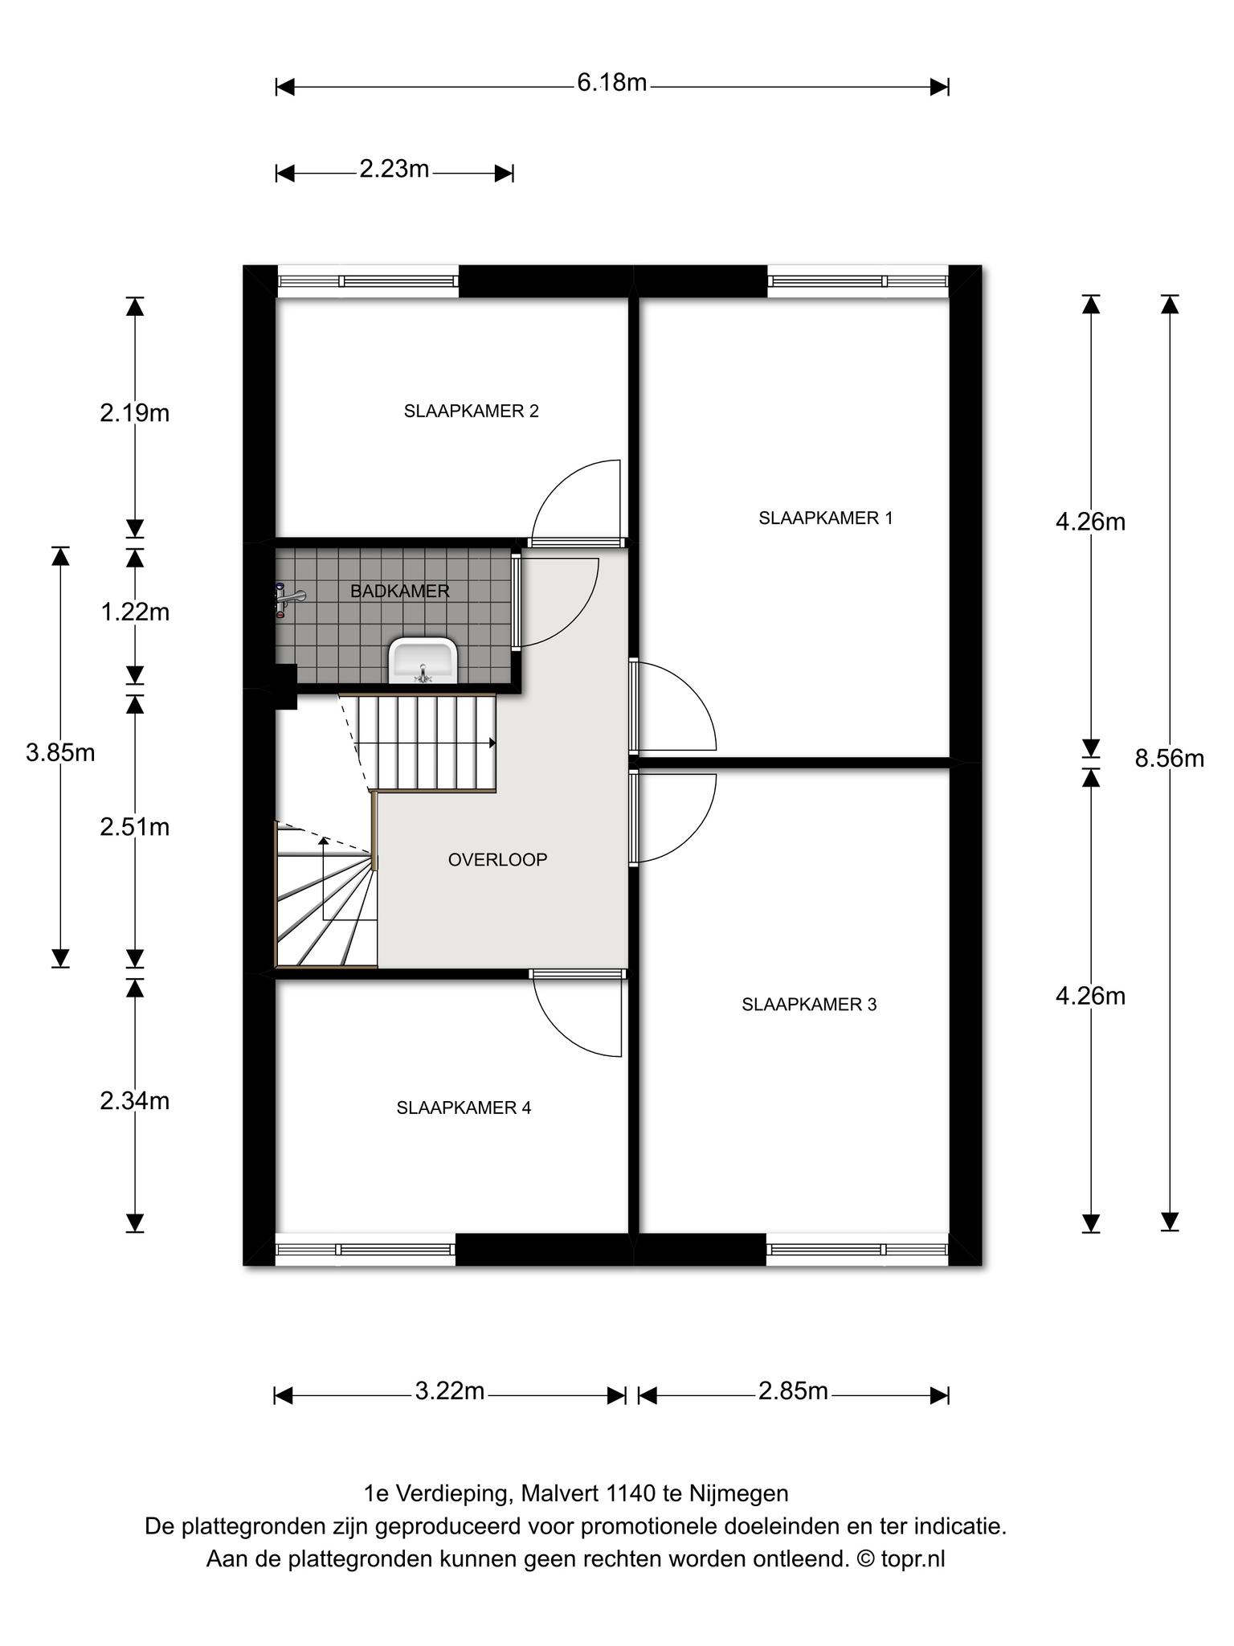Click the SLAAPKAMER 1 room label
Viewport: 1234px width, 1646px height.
point(825,518)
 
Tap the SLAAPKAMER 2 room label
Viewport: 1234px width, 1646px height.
point(471,411)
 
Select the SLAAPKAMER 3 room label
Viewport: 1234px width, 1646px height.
point(809,1005)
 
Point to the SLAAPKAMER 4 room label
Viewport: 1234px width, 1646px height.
point(464,1108)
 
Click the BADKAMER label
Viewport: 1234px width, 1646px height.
point(399,592)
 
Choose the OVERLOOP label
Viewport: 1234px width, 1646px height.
point(497,860)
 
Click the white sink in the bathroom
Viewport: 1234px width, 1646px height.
point(423,660)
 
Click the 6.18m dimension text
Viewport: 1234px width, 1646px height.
point(611,83)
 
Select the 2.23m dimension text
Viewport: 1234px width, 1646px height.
point(394,169)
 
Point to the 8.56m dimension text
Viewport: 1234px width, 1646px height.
point(1169,758)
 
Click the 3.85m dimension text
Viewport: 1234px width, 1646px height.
point(60,753)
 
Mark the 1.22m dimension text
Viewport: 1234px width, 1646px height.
point(135,612)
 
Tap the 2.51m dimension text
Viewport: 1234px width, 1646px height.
point(135,827)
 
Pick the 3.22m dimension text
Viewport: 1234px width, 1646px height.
point(449,1390)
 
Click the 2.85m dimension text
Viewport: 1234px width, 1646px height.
point(793,1390)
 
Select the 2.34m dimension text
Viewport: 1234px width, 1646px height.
point(135,1100)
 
